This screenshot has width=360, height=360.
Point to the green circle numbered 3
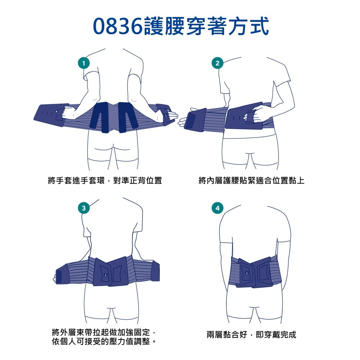84,208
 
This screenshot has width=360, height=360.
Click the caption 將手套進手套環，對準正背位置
105,180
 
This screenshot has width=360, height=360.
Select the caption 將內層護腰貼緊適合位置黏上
251,180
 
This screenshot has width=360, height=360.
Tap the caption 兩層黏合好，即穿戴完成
251,335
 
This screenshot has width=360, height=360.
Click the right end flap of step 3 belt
155,271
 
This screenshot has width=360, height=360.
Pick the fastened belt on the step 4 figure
254,272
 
